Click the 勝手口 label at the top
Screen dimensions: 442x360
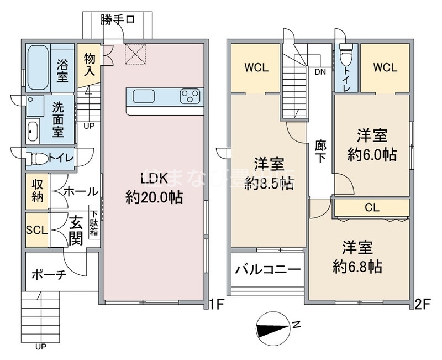click(117, 20)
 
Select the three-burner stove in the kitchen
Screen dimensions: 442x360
click(189, 96)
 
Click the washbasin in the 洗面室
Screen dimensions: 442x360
click(31, 132)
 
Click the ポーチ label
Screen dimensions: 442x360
click(49, 275)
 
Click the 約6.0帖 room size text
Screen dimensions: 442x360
click(371, 154)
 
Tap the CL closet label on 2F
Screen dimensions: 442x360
click(371, 207)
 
